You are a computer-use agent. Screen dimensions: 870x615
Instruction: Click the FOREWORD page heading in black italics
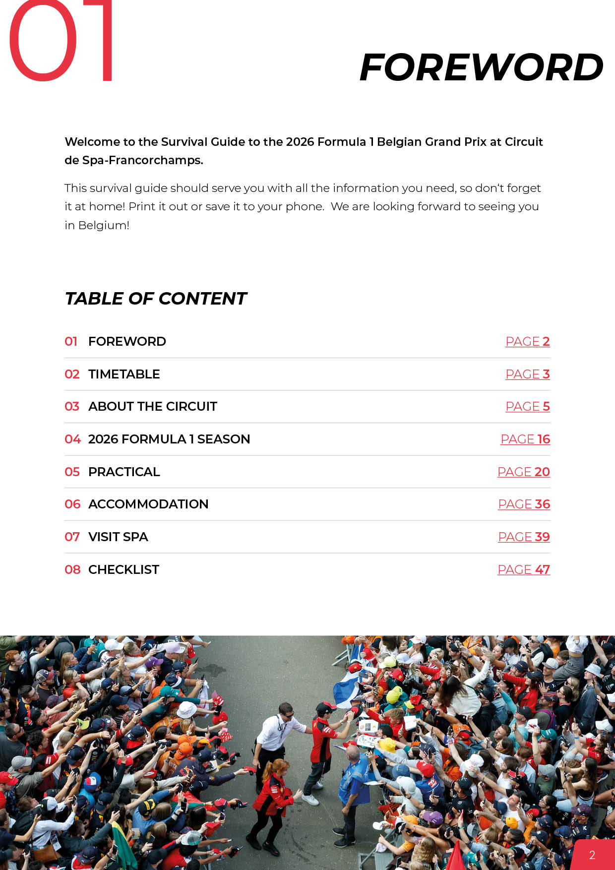tap(481, 67)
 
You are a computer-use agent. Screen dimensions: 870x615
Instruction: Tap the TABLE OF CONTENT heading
tap(156, 299)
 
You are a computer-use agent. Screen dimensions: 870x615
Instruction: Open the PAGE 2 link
tap(527, 342)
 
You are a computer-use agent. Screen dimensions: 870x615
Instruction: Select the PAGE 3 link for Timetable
tap(527, 374)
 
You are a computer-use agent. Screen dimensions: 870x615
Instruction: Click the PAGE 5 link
tap(527, 407)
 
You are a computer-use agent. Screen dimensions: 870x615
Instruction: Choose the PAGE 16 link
tap(525, 439)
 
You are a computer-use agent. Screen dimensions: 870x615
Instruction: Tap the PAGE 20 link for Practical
tap(523, 472)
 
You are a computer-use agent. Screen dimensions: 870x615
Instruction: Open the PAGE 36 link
tap(524, 504)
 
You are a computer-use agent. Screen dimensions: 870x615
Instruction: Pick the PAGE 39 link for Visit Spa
tap(524, 537)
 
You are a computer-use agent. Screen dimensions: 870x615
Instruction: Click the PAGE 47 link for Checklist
tap(523, 570)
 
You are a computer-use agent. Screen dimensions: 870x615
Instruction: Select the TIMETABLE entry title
tap(124, 374)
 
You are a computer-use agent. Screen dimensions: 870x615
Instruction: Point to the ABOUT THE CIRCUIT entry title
tap(153, 407)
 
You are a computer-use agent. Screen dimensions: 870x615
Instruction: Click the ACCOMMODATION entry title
tap(148, 504)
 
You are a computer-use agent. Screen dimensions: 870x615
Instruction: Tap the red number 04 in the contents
tap(72, 439)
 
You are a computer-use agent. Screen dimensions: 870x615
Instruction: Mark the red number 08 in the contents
tap(72, 570)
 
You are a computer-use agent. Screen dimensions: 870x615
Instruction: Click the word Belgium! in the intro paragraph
tap(104, 226)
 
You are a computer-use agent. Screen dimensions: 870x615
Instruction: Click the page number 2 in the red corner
tap(592, 855)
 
